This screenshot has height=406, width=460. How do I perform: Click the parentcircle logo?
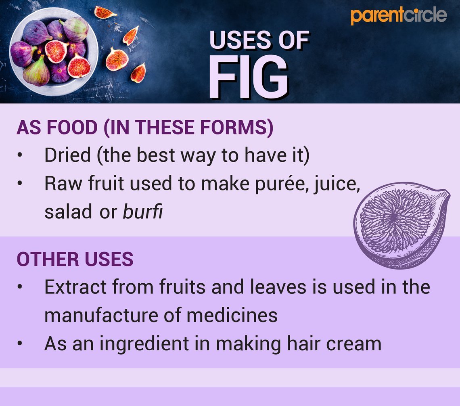coord(399,16)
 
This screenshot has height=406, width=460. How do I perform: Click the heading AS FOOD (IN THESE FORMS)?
coord(145,128)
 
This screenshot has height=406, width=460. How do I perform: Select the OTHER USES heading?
coord(75,260)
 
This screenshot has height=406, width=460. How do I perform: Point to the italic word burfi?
coord(142,211)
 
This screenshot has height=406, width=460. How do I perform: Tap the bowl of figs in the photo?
coord(54,52)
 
